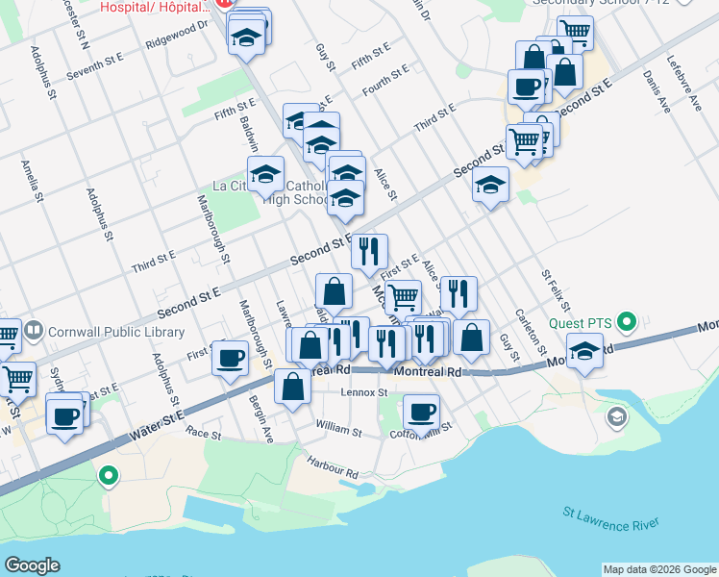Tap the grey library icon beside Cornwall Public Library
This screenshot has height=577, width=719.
pos(35,332)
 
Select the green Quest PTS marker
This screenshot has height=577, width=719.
pos(628,320)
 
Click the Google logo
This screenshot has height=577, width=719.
pos(32,564)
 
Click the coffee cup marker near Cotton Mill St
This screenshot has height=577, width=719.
pos(421,412)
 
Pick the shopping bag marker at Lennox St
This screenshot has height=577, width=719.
pos(292,387)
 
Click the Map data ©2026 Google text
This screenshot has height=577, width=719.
pos(658,569)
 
